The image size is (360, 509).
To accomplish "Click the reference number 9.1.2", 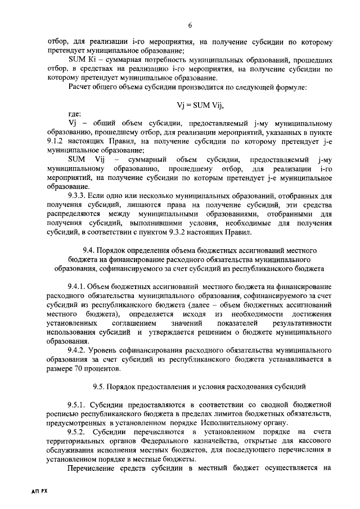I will click(x=57, y=141).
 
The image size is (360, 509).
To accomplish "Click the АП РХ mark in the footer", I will click(x=39, y=491).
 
